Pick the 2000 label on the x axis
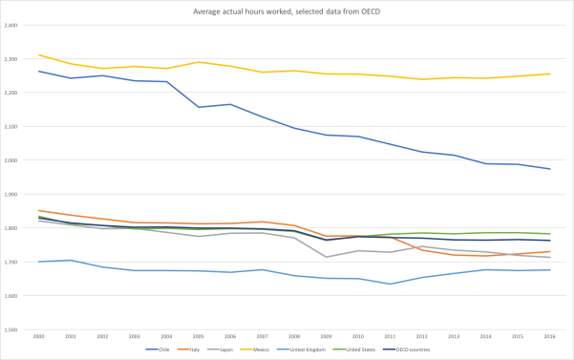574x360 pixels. pyautogui.click(x=39, y=336)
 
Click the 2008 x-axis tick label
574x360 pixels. pyautogui.click(x=294, y=336)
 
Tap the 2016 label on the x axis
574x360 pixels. pyautogui.click(x=550, y=336)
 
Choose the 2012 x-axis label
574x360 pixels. pyautogui.click(x=422, y=336)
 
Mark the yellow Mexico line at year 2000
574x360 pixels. pyautogui.click(x=39, y=54)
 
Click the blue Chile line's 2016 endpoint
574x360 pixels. pyautogui.click(x=550, y=169)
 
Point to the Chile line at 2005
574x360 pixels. pyautogui.click(x=199, y=107)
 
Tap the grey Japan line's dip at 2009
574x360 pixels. pyautogui.click(x=327, y=257)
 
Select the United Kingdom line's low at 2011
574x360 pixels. pyautogui.click(x=391, y=284)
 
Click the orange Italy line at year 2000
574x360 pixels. pyautogui.click(x=39, y=210)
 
